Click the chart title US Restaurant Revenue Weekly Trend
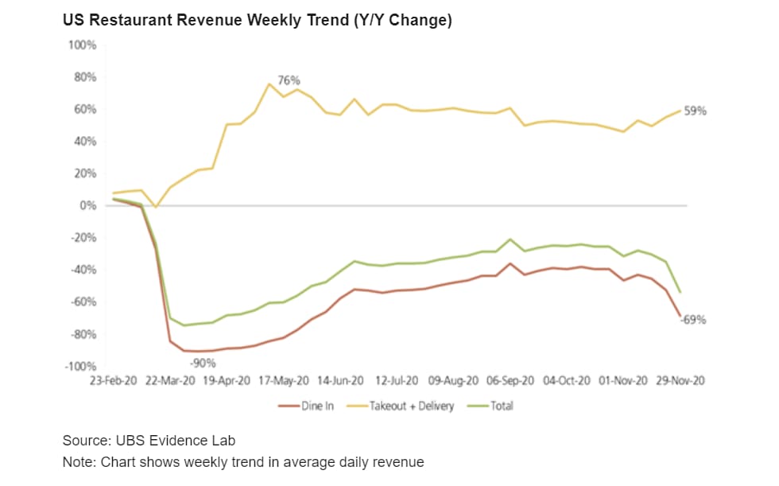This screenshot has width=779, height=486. click(x=258, y=21)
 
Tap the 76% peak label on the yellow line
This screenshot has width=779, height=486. click(x=289, y=80)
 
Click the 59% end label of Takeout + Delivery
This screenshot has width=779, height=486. click(x=695, y=111)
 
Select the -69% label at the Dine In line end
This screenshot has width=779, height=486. click(x=693, y=321)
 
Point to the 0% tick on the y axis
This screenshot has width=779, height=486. click(x=88, y=206)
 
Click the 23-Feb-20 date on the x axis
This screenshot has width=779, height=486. click(x=114, y=381)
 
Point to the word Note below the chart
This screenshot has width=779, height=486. click(x=78, y=461)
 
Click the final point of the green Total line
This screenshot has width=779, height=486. click(x=680, y=292)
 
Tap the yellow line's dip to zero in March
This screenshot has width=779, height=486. click(x=157, y=207)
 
